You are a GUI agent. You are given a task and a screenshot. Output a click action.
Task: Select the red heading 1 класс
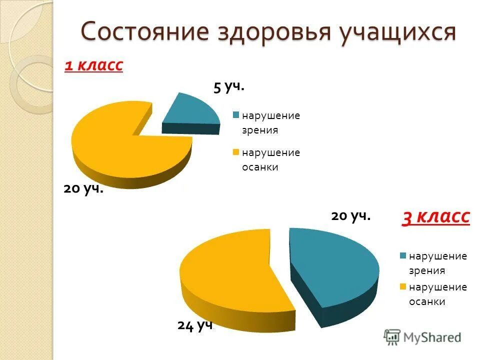click(x=94, y=65)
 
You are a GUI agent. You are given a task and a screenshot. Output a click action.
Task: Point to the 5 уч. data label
click(x=229, y=86)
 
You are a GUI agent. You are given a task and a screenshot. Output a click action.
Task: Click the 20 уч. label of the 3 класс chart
click(x=350, y=216)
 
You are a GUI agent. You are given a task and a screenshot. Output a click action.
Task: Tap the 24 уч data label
click(x=195, y=325)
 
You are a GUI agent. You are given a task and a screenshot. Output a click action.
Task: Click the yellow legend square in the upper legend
click(x=235, y=151)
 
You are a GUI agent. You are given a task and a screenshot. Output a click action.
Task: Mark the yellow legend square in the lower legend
click(x=402, y=287)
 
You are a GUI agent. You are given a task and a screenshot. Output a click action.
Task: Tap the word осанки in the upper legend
click(x=260, y=167)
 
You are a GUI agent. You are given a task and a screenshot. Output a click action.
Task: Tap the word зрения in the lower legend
click(x=427, y=271)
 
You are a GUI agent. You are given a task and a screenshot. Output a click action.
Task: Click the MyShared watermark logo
click(x=422, y=337)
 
